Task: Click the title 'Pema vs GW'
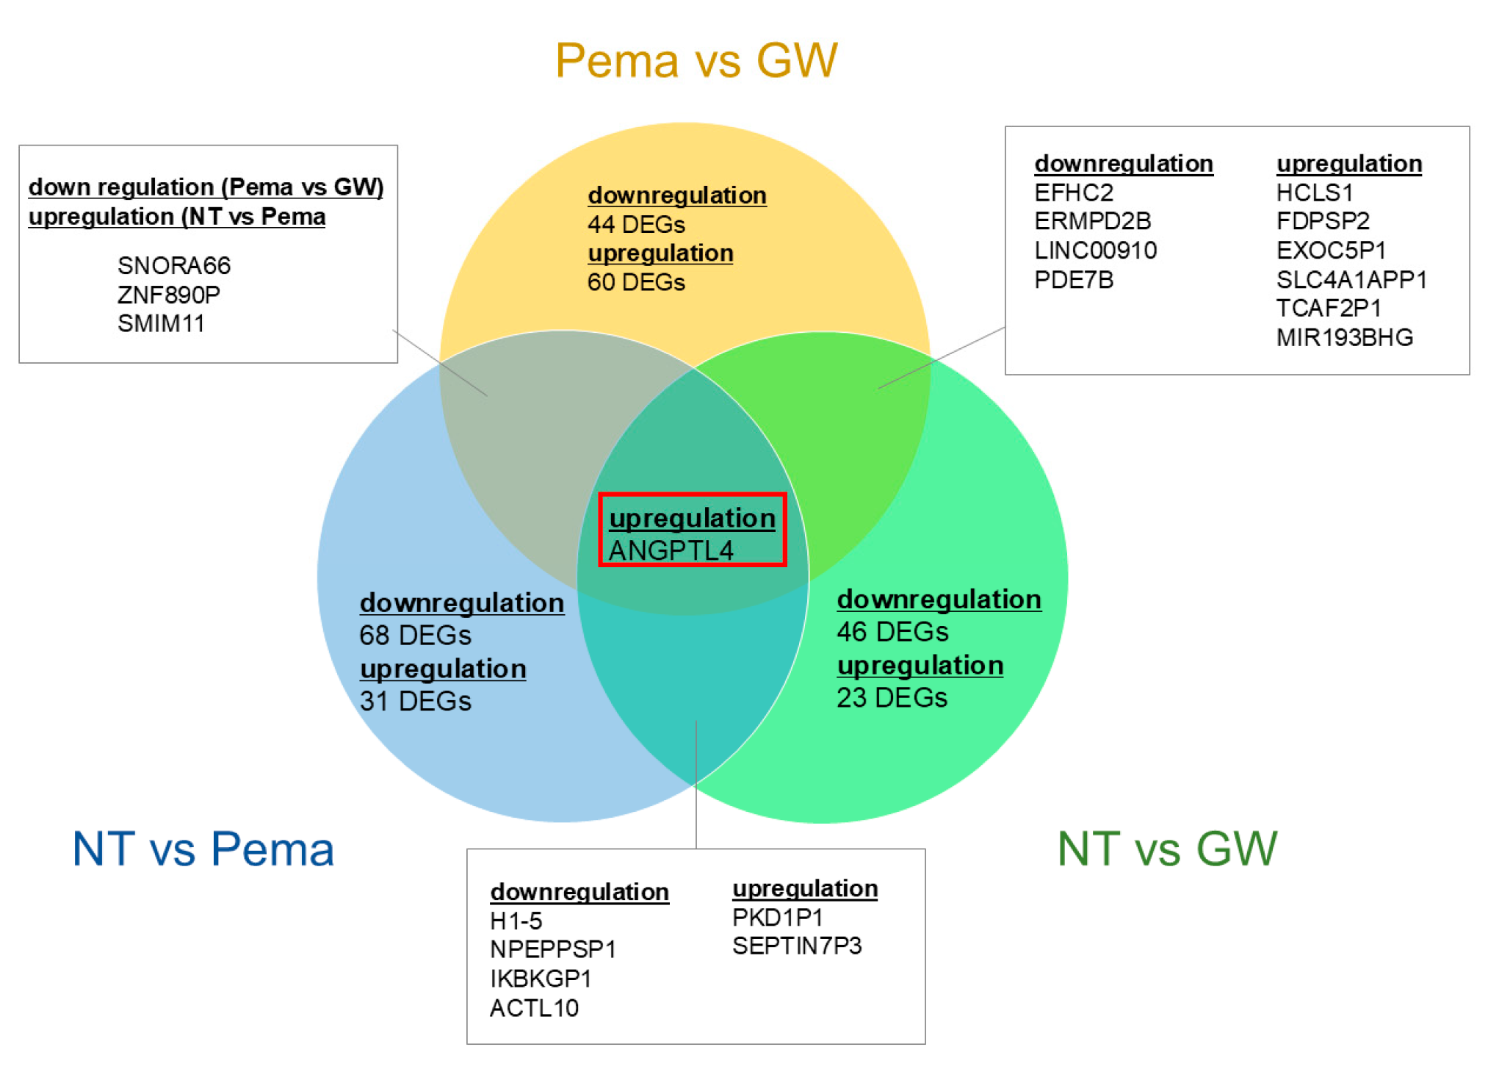(x=696, y=60)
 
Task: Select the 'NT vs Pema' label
(x=203, y=849)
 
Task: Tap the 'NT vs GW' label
(x=1167, y=849)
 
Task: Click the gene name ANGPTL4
(x=671, y=550)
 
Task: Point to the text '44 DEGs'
(x=636, y=224)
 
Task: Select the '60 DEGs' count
(x=636, y=282)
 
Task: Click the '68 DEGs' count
(x=415, y=635)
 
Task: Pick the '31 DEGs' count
(x=415, y=701)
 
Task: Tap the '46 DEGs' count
(x=892, y=631)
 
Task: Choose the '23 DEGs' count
(x=892, y=697)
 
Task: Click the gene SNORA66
(x=174, y=265)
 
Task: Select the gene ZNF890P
(x=169, y=295)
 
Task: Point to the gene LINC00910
(x=1095, y=251)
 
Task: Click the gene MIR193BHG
(x=1344, y=337)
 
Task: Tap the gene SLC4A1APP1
(x=1351, y=279)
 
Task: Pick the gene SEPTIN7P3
(x=796, y=946)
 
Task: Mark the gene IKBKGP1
(x=541, y=978)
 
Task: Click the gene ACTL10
(x=534, y=1007)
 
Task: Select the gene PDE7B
(x=1074, y=279)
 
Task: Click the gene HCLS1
(x=1314, y=192)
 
